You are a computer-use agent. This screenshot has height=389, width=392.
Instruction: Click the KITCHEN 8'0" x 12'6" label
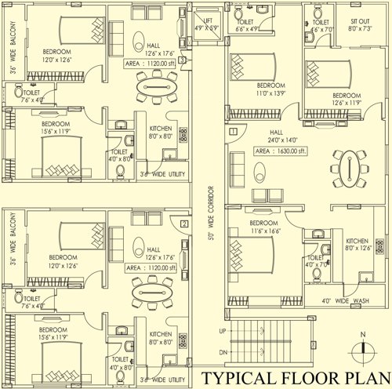coord(358,245)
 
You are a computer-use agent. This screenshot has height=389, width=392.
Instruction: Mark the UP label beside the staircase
coord(222,333)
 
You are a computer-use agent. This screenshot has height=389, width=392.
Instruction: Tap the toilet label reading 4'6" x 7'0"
coord(321,26)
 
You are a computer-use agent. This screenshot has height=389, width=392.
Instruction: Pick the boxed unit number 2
coord(183,224)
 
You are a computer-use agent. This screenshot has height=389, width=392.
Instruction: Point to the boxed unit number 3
coord(182,59)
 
